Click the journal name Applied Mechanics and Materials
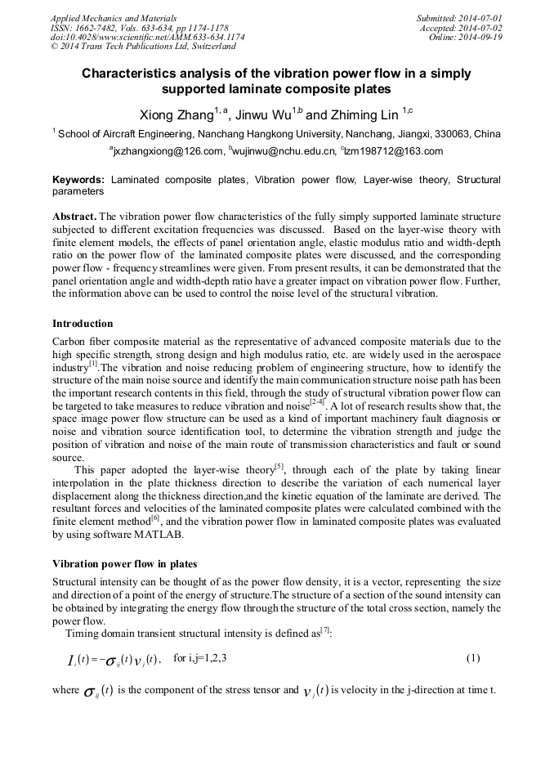(114, 17)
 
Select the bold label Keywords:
(78, 179)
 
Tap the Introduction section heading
(83, 324)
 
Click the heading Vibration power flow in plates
(124, 564)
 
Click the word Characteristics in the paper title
(132, 74)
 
